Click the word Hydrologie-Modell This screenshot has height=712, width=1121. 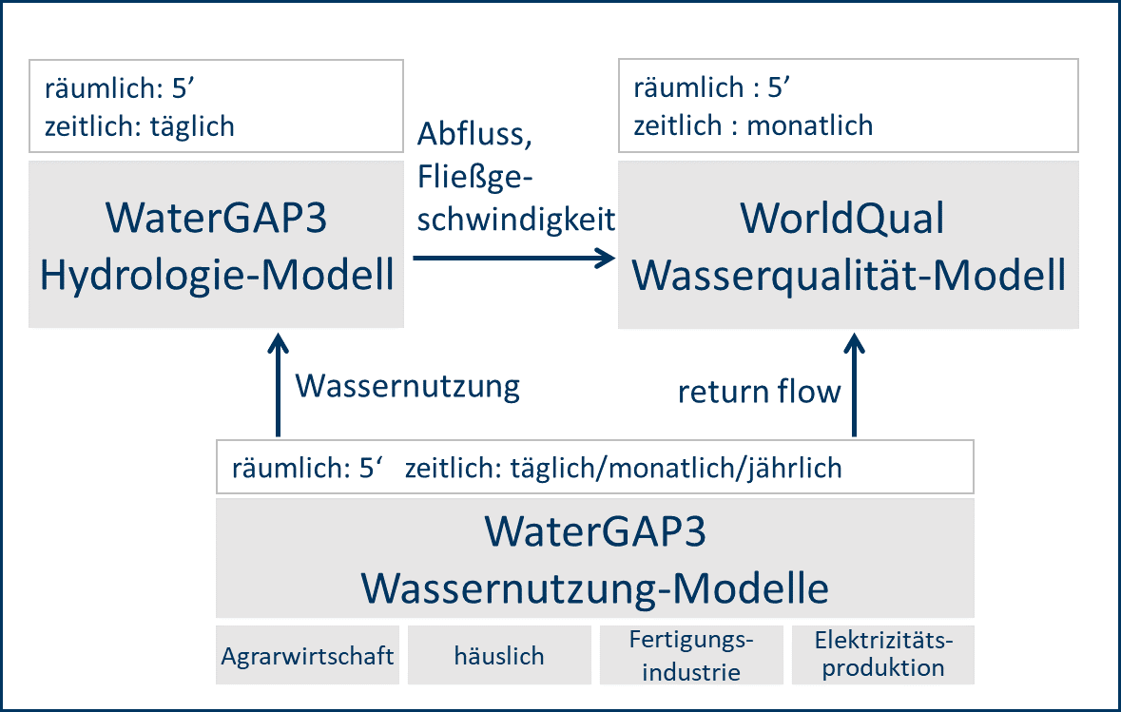217,276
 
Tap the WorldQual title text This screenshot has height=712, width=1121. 842,218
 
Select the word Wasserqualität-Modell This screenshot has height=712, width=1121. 849,276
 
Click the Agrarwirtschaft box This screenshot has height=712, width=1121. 307,656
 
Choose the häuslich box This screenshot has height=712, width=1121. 499,656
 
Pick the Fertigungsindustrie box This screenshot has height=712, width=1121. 691,656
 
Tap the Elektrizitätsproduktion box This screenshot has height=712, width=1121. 883,656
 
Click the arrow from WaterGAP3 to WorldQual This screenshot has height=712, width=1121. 514,258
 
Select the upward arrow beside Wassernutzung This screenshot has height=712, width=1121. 278,384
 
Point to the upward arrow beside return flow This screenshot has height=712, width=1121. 855,384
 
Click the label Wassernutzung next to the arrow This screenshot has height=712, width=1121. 408,387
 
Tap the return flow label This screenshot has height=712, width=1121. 760,392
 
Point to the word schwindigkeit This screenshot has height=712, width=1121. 516,220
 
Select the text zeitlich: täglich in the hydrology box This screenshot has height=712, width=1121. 140,126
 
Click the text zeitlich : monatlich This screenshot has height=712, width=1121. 754,125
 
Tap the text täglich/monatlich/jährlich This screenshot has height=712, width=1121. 676,469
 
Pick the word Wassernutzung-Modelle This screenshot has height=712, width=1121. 595,589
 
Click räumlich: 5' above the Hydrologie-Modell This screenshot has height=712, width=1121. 120,88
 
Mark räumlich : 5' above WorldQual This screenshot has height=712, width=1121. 712,87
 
